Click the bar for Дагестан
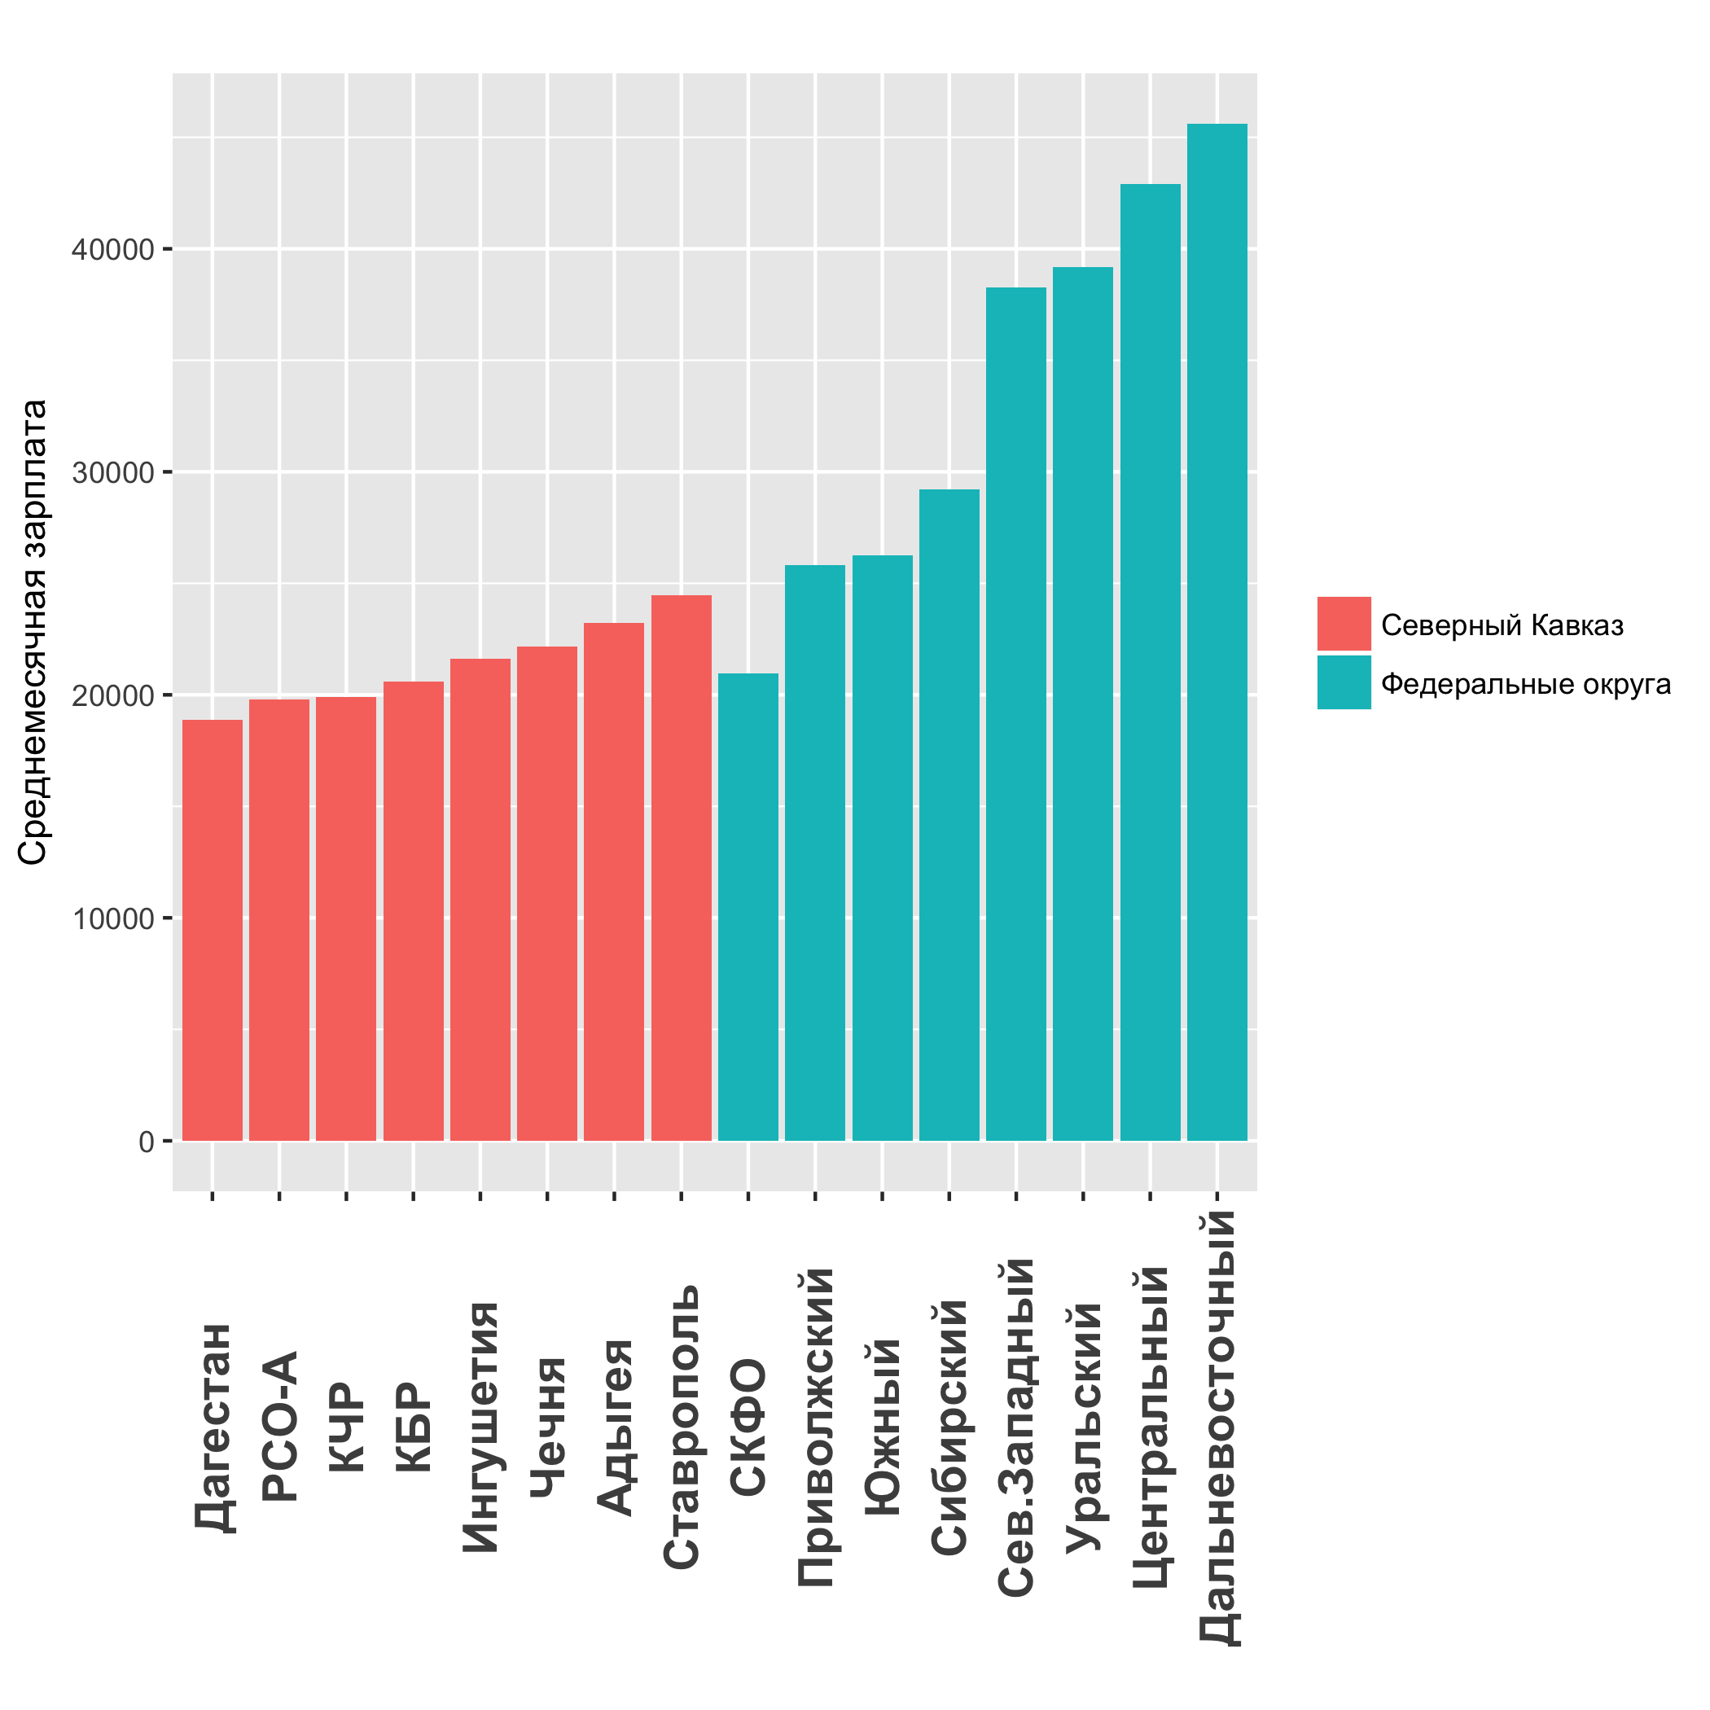[213, 929]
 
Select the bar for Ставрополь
[681, 867]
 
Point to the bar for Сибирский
[949, 814]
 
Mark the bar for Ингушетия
[480, 899]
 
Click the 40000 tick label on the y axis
[113, 250]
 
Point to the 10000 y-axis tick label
[113, 919]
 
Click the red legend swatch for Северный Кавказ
[1344, 624]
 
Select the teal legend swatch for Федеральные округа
[1344, 682]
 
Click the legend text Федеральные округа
[1526, 684]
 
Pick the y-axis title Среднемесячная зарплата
[33, 632]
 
